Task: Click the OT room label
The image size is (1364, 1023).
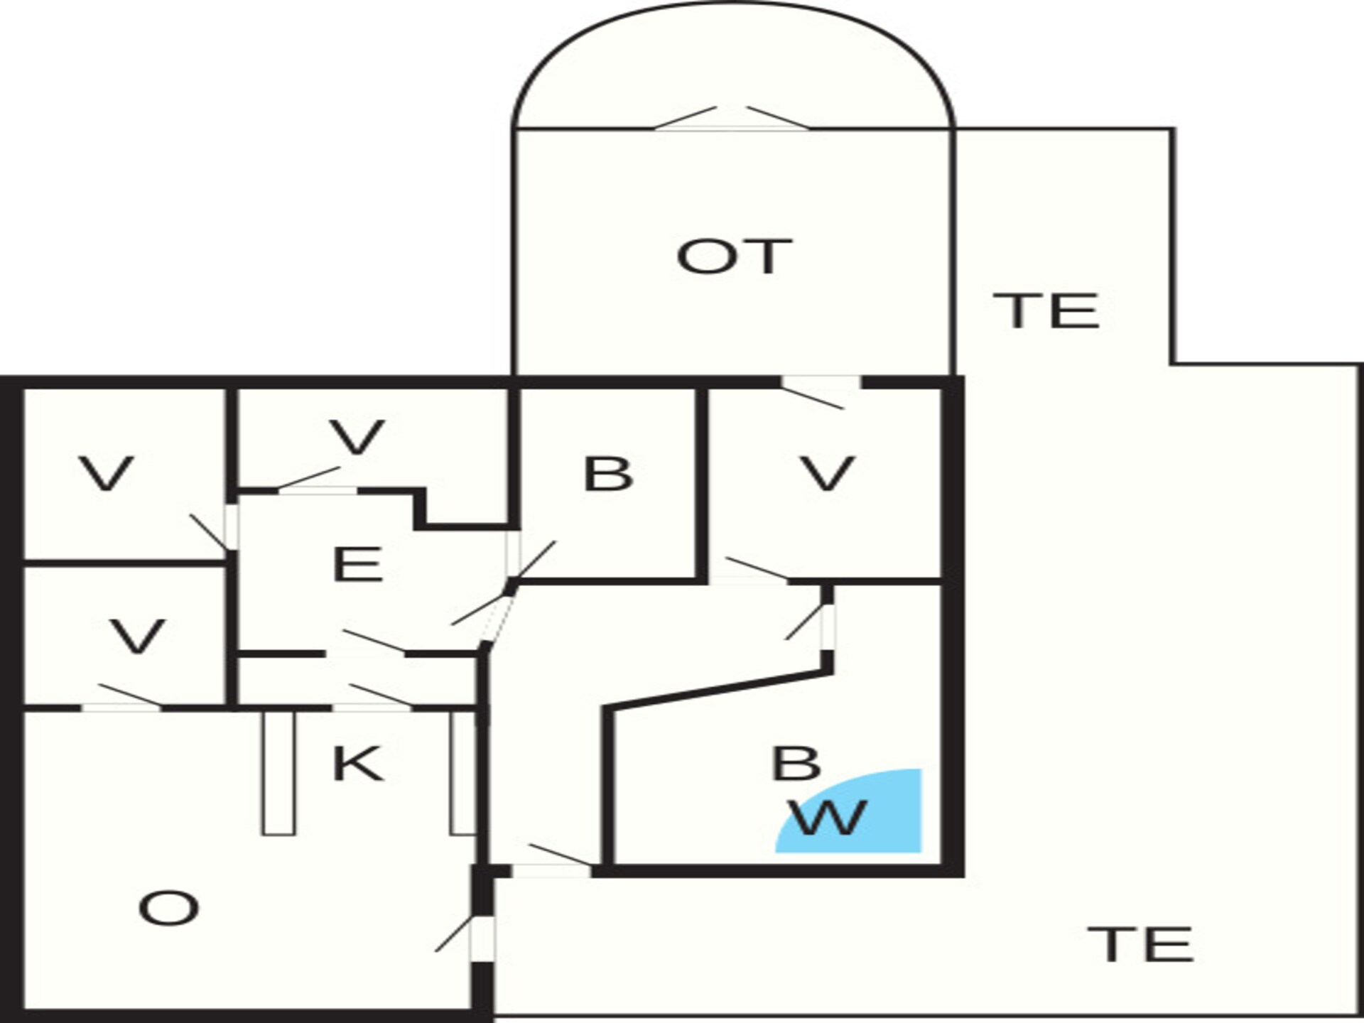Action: [x=734, y=256]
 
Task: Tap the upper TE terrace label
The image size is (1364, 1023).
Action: [x=1046, y=310]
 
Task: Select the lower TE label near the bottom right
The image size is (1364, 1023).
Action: [x=1140, y=944]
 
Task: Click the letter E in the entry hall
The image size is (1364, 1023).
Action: [x=358, y=565]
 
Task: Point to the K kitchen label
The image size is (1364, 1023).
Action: [x=358, y=764]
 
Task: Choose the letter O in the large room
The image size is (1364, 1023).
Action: [x=168, y=909]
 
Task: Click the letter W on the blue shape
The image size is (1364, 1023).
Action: [x=830, y=817]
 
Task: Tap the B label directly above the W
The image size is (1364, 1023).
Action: [x=796, y=763]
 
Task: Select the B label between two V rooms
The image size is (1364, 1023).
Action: [x=607, y=473]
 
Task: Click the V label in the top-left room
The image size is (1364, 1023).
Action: [x=107, y=473]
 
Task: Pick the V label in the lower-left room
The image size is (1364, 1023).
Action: [x=138, y=637]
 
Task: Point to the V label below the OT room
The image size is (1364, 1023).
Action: [x=828, y=473]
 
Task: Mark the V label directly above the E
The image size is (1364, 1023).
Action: [x=357, y=437]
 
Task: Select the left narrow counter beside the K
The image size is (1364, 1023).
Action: [x=278, y=773]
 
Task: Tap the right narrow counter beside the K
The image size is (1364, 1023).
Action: [x=462, y=773]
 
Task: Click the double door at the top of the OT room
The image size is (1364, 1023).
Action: [x=731, y=119]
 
